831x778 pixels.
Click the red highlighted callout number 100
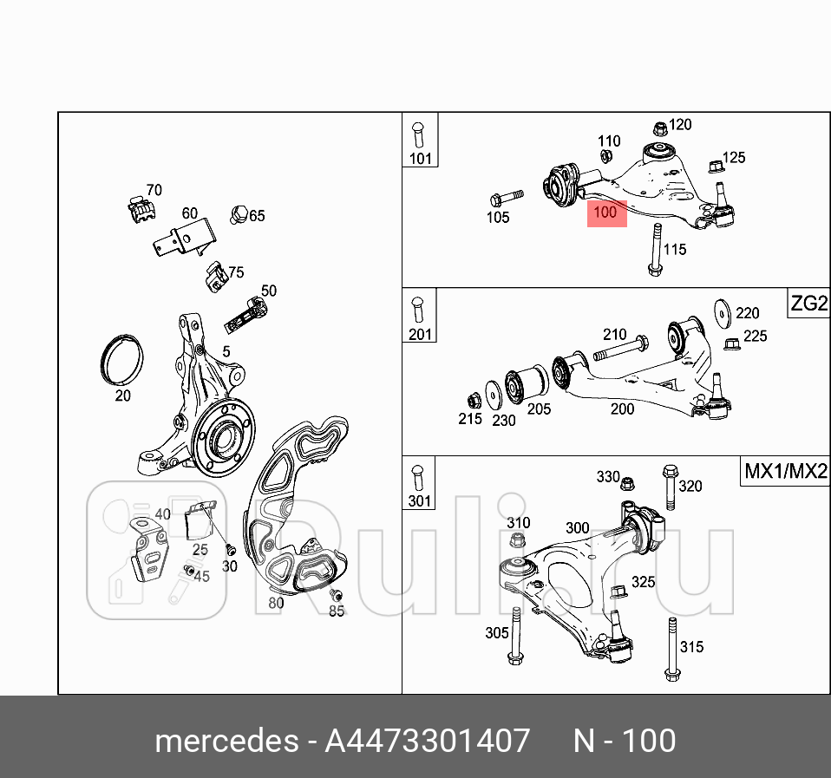coord(606,212)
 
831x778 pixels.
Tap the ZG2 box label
coord(808,304)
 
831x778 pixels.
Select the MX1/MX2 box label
coord(785,473)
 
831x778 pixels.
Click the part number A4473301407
coord(427,742)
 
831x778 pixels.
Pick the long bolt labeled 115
coord(654,250)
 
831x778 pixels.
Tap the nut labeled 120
coord(658,128)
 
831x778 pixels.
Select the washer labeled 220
coord(719,313)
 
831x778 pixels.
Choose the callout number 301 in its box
coord(419,500)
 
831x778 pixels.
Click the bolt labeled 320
coord(669,487)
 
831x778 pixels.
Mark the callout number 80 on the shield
coord(276,602)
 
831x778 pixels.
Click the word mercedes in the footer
coord(224,742)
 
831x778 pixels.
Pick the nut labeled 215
coord(475,401)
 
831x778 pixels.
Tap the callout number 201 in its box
coord(419,334)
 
